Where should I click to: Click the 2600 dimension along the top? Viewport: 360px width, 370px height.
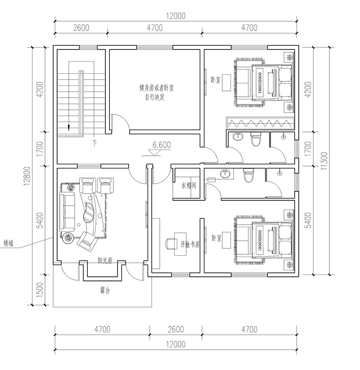(x=81, y=28)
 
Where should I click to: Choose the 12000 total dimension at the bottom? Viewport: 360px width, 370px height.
(x=175, y=345)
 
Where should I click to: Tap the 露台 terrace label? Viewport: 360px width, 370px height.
(x=105, y=291)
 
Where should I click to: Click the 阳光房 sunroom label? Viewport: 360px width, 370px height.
(x=105, y=261)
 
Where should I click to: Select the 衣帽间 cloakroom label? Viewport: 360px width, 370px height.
(x=189, y=185)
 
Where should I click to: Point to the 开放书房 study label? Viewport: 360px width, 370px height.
(x=190, y=244)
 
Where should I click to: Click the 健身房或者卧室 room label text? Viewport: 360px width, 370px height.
(x=156, y=89)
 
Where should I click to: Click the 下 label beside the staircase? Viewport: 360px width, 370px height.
(x=94, y=143)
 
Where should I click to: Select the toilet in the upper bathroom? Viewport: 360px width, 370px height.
(x=255, y=140)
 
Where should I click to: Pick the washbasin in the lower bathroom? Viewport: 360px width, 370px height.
(x=225, y=174)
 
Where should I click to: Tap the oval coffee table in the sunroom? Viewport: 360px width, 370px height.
(x=90, y=212)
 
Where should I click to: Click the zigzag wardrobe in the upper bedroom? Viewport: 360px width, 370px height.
(x=260, y=122)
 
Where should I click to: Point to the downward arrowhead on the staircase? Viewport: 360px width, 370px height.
(x=68, y=127)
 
